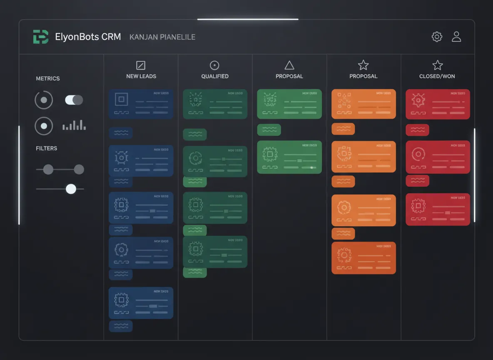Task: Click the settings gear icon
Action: (437, 37)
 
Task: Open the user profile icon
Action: (456, 37)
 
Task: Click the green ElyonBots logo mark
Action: (40, 37)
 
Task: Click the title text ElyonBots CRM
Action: (88, 37)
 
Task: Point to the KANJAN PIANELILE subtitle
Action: (162, 37)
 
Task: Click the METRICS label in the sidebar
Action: (48, 78)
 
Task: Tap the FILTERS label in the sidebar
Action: (47, 148)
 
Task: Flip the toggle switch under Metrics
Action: (74, 100)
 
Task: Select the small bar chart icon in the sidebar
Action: (74, 125)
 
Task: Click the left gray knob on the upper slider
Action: (48, 170)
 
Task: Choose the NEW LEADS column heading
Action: (141, 76)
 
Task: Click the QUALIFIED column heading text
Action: (215, 76)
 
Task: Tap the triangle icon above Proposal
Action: (289, 65)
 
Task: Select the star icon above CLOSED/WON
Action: (437, 65)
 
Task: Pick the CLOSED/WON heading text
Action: (437, 76)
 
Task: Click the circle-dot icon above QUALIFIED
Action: (214, 65)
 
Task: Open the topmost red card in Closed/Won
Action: (438, 104)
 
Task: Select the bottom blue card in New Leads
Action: (141, 303)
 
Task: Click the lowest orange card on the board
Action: (364, 258)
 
